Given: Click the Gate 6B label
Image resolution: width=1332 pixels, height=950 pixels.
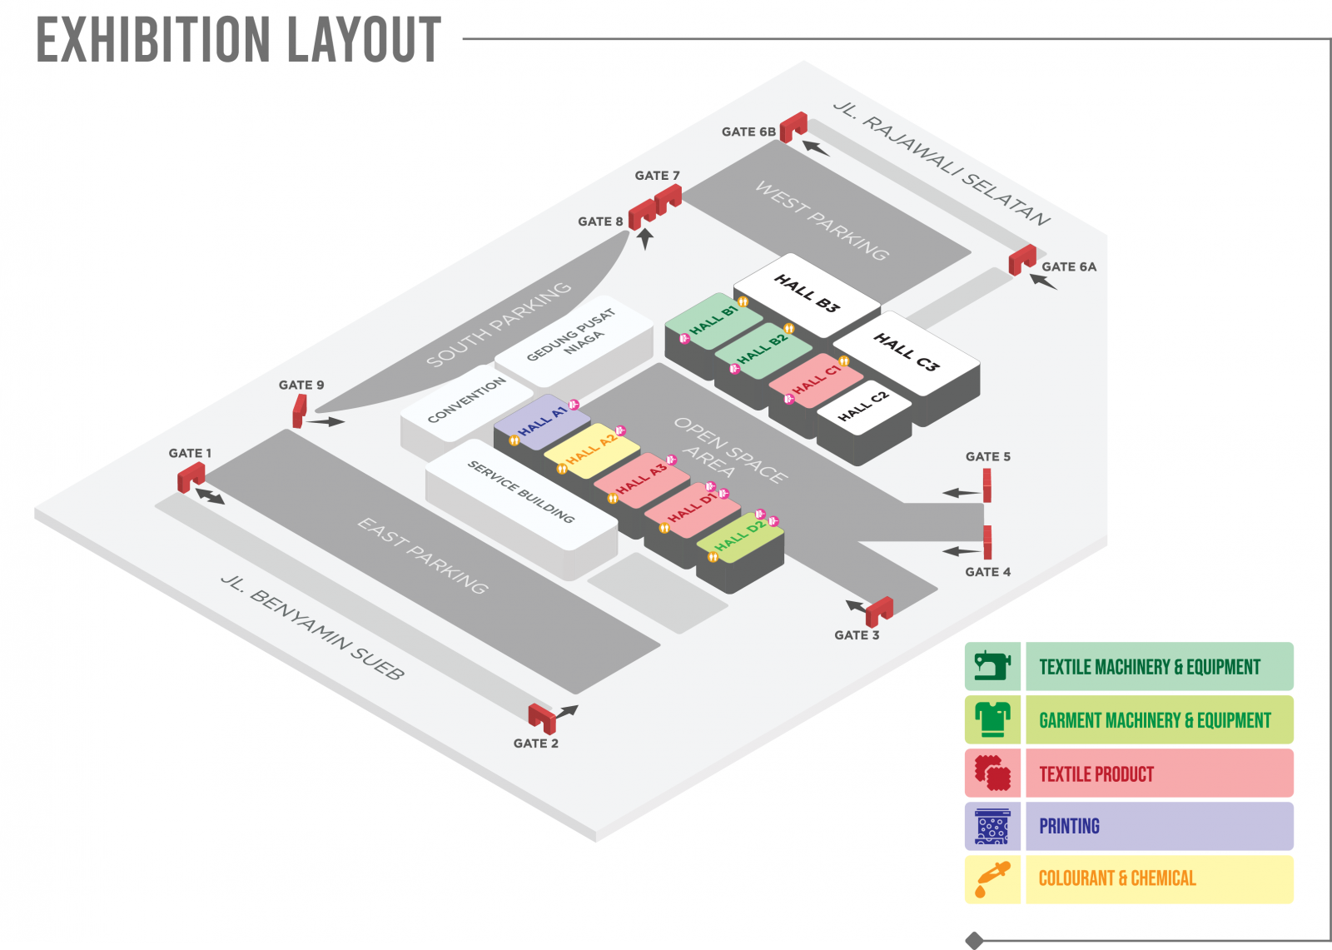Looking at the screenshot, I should click(x=748, y=132).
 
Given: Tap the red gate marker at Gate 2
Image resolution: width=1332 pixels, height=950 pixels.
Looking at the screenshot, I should click(x=542, y=717).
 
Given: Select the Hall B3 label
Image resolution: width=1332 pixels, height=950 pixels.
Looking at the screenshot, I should click(x=807, y=293).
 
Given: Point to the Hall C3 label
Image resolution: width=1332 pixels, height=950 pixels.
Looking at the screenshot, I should click(x=906, y=351).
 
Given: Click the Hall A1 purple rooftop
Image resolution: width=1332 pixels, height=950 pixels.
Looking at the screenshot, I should click(x=542, y=420).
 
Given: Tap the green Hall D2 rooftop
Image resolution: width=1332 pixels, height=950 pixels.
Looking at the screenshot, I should click(x=739, y=538).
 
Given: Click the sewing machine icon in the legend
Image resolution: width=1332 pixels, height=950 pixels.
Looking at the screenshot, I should click(x=992, y=666).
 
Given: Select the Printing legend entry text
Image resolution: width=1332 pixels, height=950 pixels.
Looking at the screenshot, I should click(x=1069, y=826).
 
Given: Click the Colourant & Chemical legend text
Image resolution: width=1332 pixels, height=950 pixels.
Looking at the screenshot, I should click(x=1116, y=878).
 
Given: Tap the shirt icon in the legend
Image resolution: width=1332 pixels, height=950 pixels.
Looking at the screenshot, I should click(x=992, y=719).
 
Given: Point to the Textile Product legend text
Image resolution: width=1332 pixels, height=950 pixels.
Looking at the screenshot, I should click(x=1096, y=773).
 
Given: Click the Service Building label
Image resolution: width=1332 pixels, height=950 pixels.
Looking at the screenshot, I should click(x=521, y=491).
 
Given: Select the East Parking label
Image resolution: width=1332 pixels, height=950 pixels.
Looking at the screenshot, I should click(x=423, y=555).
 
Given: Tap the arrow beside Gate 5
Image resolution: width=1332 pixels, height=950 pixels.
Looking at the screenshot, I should click(x=962, y=493).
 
